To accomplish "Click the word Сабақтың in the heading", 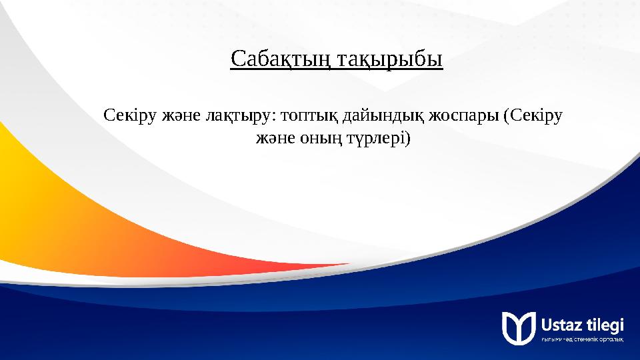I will [281, 59].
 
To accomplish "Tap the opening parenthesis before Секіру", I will [507, 116].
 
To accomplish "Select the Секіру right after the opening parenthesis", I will [536, 115].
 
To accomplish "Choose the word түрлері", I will [377, 138].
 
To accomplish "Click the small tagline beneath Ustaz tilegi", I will [583, 340].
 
